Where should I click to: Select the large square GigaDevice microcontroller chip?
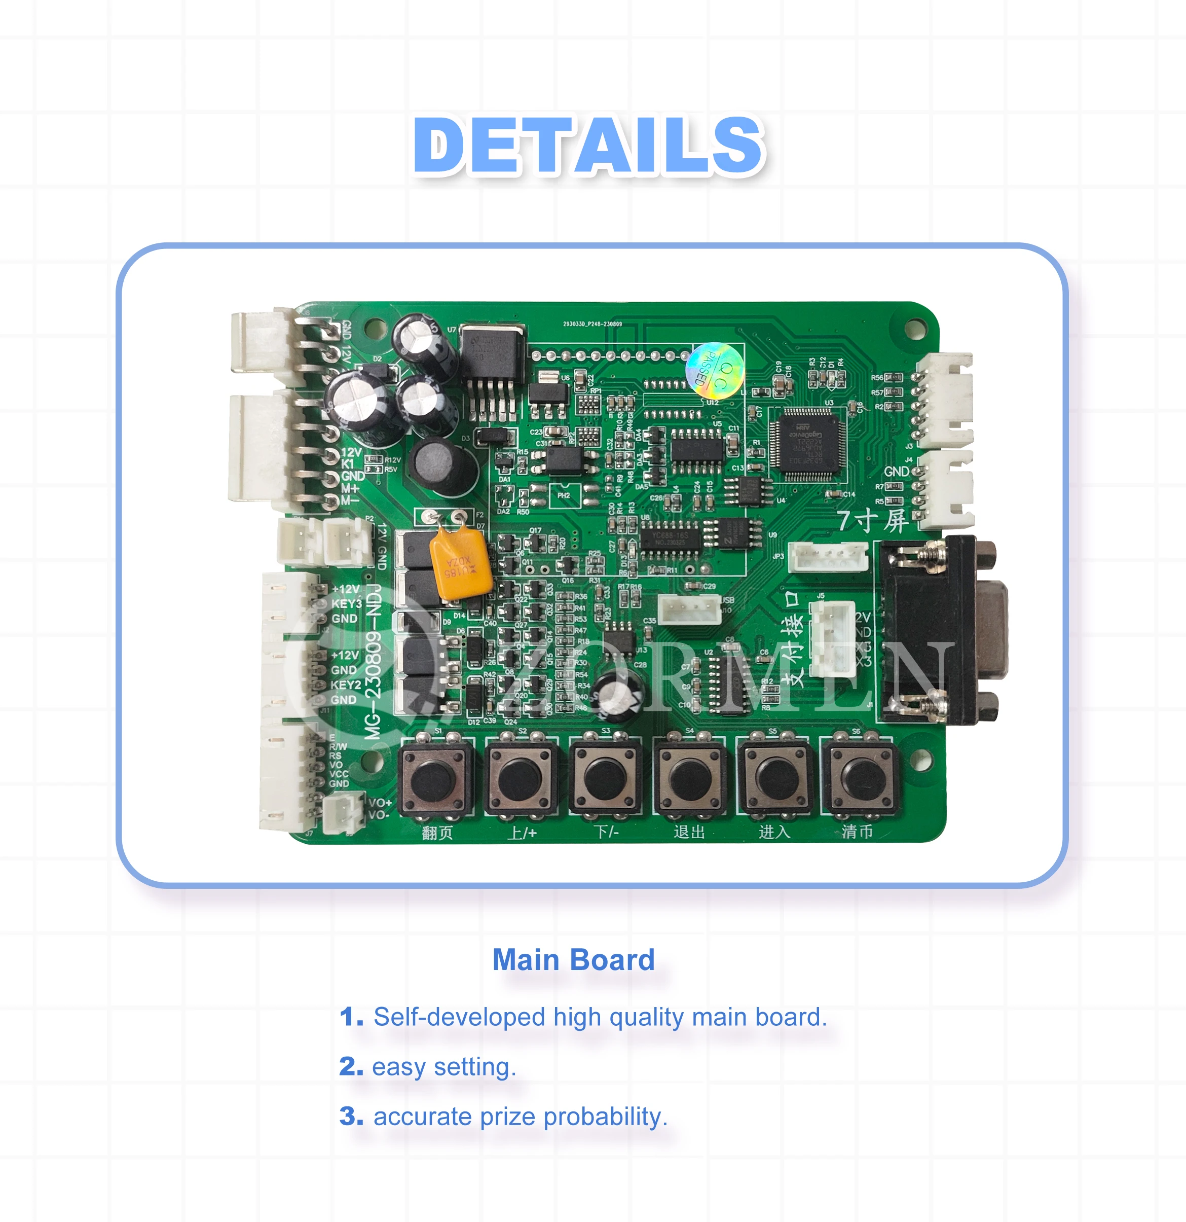(x=806, y=444)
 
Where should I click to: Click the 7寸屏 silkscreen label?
(x=872, y=521)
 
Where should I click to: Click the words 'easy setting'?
(x=444, y=1067)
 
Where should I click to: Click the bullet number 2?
(x=350, y=1066)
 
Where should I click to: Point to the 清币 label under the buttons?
(x=858, y=831)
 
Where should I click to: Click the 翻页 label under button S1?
(x=437, y=833)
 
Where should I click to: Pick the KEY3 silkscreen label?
(x=347, y=603)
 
